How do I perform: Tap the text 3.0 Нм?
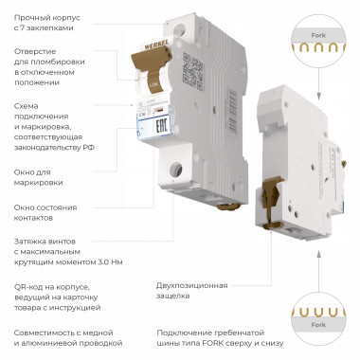[x=111, y=262]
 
